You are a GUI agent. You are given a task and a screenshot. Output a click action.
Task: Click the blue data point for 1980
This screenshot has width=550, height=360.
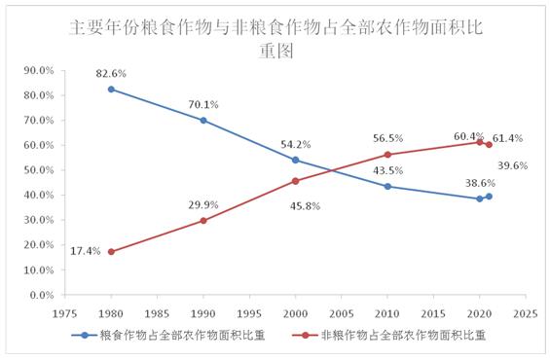(x=111, y=89)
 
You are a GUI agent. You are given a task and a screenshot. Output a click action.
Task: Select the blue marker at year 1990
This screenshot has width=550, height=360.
(x=203, y=120)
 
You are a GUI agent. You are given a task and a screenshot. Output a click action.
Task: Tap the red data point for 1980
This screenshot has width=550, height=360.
(x=111, y=251)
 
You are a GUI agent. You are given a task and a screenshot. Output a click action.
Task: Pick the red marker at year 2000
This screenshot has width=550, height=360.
(x=296, y=180)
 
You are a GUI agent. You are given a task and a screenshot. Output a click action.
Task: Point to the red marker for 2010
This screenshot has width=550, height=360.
(x=387, y=154)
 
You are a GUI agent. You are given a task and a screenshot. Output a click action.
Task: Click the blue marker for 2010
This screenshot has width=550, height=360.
(x=387, y=186)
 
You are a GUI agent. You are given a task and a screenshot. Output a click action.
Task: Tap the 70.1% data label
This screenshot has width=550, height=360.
(x=204, y=104)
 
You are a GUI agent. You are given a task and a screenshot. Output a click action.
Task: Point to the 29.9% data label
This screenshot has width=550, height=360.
(x=204, y=205)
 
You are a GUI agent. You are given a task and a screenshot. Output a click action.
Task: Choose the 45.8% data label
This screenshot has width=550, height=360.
(x=296, y=204)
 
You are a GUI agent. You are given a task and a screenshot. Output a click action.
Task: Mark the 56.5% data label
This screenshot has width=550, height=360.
(x=388, y=138)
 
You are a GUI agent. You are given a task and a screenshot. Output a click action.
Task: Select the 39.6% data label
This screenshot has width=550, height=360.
(x=512, y=165)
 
